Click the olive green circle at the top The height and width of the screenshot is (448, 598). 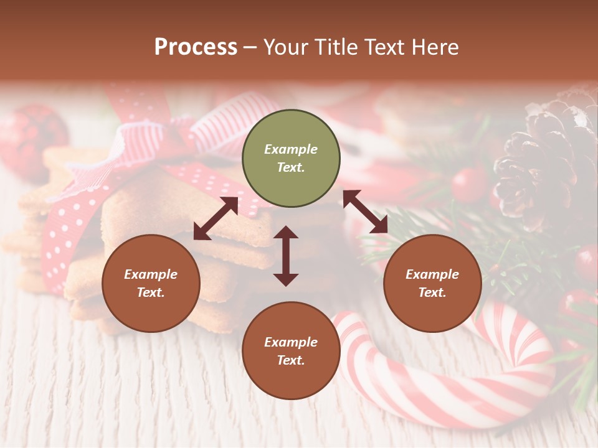291,159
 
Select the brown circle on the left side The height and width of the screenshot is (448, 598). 151,284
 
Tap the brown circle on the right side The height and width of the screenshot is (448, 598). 432,284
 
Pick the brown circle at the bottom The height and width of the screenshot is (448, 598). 291,351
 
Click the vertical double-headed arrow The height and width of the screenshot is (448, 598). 286,256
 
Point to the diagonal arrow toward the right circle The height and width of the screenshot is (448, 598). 365,212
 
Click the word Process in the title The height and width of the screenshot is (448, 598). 196,47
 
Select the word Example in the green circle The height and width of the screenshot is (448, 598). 291,149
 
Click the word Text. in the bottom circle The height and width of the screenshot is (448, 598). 291,360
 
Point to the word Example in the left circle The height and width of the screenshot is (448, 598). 151,274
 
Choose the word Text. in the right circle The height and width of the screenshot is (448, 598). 432,292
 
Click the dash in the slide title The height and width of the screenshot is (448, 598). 250,47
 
